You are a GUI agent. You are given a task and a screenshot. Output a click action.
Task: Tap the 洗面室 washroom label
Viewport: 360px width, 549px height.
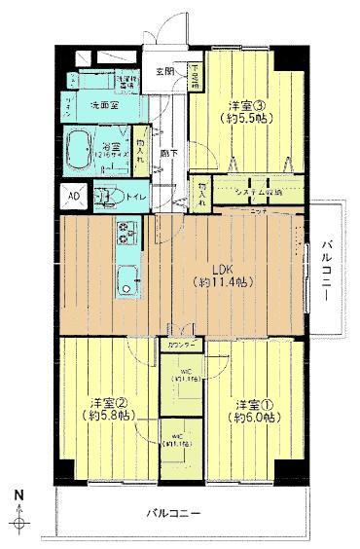coord(105,104)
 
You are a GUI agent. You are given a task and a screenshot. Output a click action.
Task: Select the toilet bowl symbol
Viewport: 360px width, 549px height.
coord(104,196)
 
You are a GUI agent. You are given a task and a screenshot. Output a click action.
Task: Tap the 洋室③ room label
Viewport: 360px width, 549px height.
coord(241,105)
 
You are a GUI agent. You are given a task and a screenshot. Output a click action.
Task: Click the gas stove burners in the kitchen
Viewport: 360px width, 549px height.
coord(127,235)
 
